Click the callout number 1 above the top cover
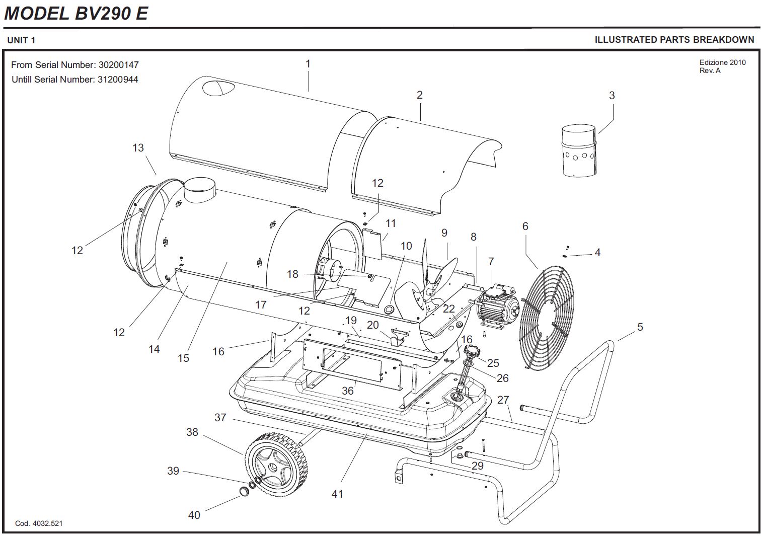(308, 64)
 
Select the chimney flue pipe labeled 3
(578, 150)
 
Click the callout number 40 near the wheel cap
(194, 515)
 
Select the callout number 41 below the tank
(337, 494)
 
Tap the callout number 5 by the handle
(640, 327)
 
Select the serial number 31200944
(117, 80)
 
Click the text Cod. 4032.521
(39, 523)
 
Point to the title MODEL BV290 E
(76, 13)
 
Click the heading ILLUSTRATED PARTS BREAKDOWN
(674, 40)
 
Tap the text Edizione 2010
(722, 62)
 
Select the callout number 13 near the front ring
(138, 147)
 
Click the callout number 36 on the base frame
(348, 390)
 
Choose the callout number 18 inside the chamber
(293, 274)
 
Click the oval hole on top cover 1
(218, 89)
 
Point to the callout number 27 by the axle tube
(503, 400)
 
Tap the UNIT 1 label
(21, 40)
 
